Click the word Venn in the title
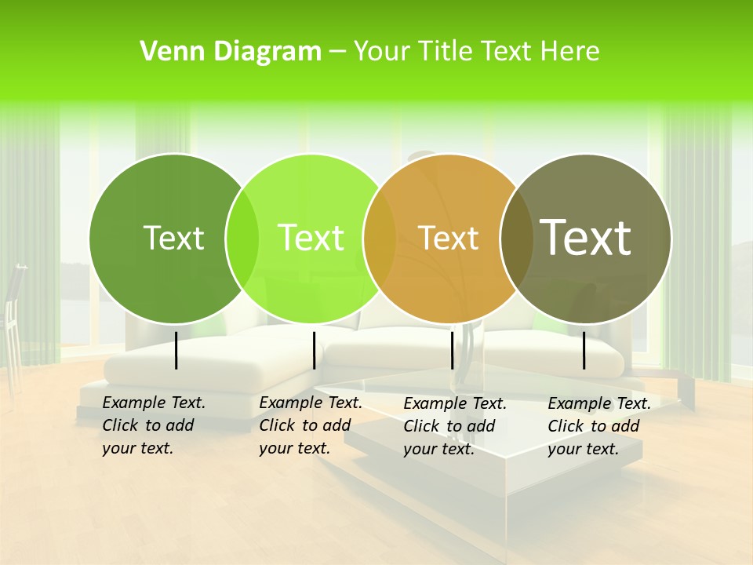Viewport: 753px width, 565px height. pos(166,52)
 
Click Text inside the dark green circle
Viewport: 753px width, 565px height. pos(173,239)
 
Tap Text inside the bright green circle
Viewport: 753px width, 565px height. pos(311,239)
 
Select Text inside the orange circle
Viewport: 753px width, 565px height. pos(448,239)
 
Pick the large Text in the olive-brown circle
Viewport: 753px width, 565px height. pos(586,238)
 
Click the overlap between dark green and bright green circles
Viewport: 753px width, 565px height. pos(242,239)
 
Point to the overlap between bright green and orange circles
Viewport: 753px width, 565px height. pos(380,239)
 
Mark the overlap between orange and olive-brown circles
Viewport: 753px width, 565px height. pos(516,239)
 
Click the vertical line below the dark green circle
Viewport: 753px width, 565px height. pos(176,350)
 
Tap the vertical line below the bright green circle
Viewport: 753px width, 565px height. pos(314,350)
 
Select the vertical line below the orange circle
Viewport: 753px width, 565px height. pos(453,350)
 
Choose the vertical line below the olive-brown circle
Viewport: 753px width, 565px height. pos(584,350)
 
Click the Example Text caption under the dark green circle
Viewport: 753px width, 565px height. pos(153,425)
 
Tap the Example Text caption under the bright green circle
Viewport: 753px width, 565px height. pos(310,425)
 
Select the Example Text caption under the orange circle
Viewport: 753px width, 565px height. pos(454,426)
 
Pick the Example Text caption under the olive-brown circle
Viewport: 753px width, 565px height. pos(598,426)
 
